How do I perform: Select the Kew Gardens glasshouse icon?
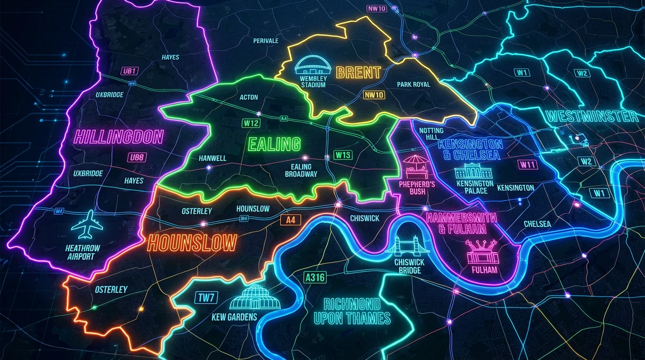(x=255, y=298)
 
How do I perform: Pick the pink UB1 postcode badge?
(x=129, y=71)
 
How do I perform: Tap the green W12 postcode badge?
(x=251, y=123)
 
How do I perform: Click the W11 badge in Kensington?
(x=528, y=165)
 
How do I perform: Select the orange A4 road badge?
(x=291, y=220)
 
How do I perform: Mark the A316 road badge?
(x=315, y=277)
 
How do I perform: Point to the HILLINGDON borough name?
(x=119, y=137)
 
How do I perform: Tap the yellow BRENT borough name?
(x=359, y=73)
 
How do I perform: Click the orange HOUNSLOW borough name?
(x=192, y=244)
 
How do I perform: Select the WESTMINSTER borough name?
(x=592, y=116)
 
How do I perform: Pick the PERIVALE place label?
(x=266, y=41)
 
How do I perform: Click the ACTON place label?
(x=248, y=97)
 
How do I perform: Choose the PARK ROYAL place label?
(x=413, y=84)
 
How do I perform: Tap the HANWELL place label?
(x=212, y=158)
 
